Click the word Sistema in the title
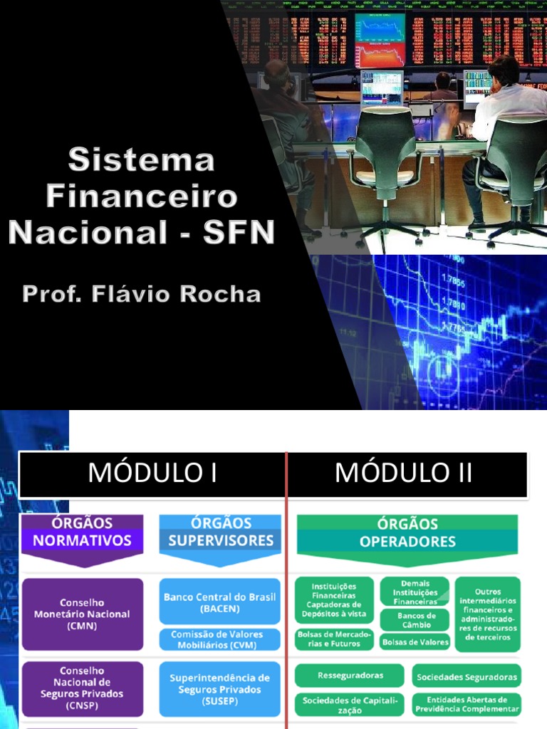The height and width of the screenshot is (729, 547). tap(142, 159)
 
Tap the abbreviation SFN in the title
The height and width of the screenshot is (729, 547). tap(239, 231)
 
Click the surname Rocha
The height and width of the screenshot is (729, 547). tap(220, 294)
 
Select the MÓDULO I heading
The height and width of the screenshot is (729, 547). tap(152, 473)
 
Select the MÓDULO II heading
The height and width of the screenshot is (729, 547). tap(403, 473)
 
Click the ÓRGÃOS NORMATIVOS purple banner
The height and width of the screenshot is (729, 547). tap(83, 540)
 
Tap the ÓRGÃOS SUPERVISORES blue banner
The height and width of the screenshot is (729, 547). tap(221, 540)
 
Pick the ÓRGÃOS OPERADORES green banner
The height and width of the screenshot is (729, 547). tap(407, 540)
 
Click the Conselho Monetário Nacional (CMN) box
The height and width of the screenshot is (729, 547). tap(83, 614)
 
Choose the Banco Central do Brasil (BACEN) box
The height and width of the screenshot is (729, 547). tap(220, 601)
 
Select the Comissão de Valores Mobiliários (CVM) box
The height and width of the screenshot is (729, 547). tap(220, 639)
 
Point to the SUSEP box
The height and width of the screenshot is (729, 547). tap(220, 689)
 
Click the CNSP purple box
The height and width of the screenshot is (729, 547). tap(83, 689)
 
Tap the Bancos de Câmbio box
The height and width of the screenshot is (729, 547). tap(415, 620)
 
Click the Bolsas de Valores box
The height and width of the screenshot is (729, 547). tap(415, 641)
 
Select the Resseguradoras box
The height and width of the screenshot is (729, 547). tap(350, 676)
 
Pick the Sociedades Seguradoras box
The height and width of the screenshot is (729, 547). tap(467, 676)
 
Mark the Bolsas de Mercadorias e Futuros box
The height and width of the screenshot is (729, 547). tap(335, 639)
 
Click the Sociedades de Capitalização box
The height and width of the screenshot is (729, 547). tap(350, 704)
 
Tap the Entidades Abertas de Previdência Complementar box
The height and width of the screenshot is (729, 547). tap(467, 704)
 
